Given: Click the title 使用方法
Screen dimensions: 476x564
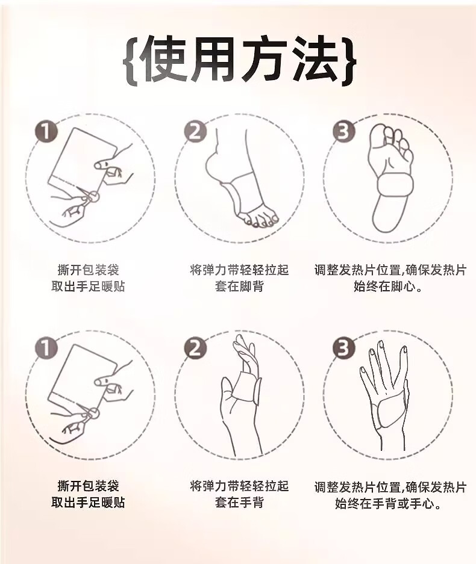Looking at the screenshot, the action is [239, 60].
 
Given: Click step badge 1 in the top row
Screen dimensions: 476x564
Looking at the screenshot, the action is [46, 131].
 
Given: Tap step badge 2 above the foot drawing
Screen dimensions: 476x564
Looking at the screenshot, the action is [195, 131].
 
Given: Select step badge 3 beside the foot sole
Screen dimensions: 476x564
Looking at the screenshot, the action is [344, 131].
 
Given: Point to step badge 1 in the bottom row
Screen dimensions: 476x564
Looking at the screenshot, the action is [46, 348].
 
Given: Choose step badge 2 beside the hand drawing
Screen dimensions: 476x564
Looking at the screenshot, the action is [195, 348].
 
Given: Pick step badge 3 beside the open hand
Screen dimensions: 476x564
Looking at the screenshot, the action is [344, 348].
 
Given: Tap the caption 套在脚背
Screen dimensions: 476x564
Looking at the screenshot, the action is [239, 287].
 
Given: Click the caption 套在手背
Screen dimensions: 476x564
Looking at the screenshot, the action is [239, 503].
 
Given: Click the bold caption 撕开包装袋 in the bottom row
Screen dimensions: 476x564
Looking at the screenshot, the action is [88, 486].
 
